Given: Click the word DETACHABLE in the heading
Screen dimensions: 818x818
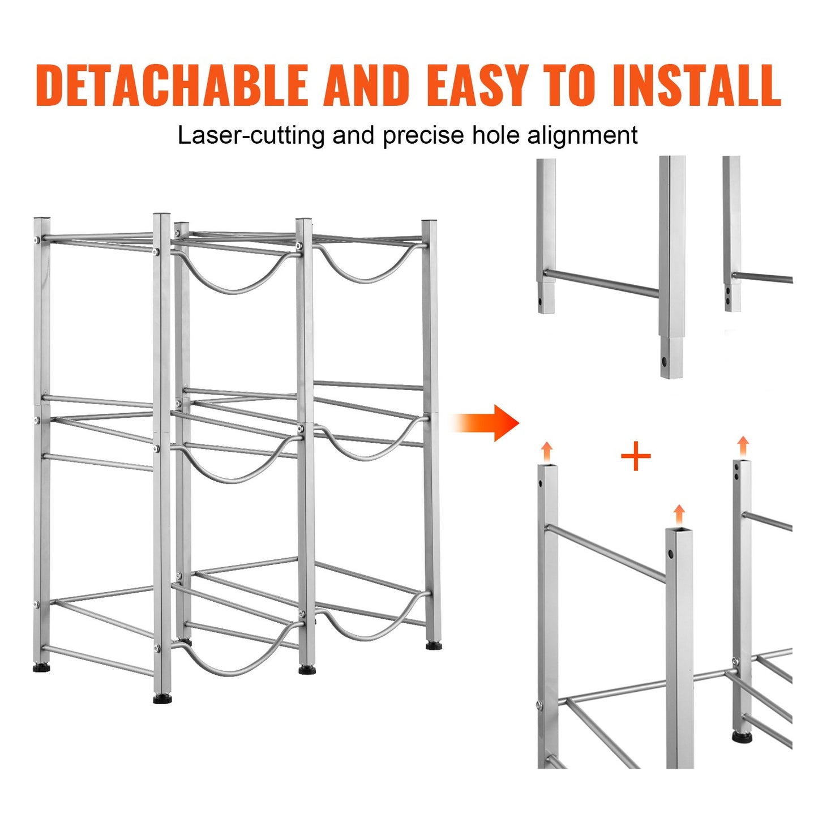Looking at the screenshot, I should coord(172,85).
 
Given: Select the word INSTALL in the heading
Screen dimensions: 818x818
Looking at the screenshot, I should coord(696,85).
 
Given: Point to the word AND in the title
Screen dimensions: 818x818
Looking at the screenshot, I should coord(367,85).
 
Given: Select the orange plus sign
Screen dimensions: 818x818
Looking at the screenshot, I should coord(636,456).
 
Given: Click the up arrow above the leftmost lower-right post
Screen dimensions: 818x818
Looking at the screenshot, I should coord(546,452).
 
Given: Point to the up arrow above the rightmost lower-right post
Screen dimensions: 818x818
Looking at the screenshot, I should coord(743,446).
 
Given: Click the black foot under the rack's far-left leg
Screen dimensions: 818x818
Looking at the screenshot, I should coord(41,669).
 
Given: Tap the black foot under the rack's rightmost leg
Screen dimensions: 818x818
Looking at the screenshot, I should coord(434,645).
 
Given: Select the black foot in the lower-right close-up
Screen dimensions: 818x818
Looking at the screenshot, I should coord(742,738).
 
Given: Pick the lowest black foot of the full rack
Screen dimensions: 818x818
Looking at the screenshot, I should coord(162,699).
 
